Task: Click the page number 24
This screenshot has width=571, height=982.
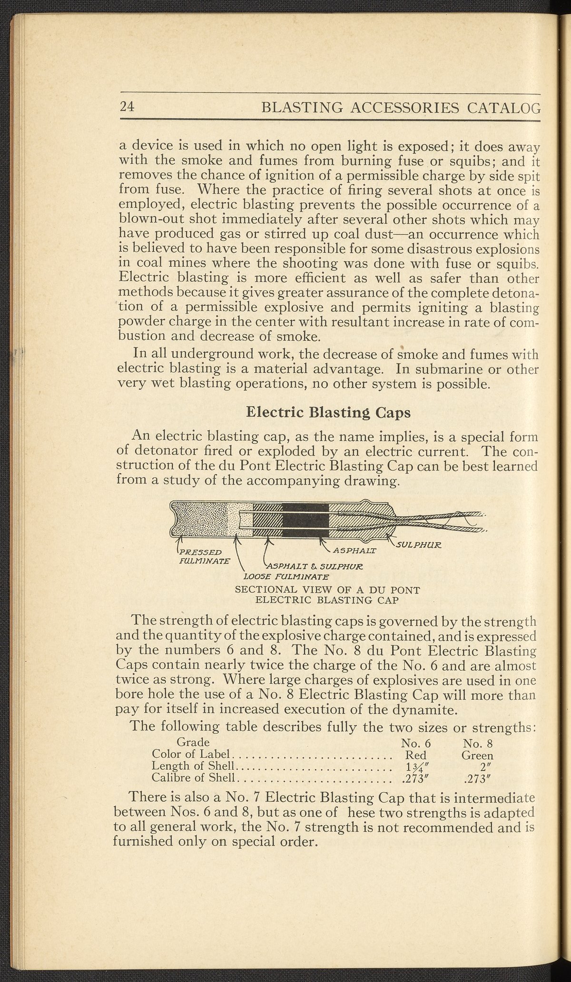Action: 127,107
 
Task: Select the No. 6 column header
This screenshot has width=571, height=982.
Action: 415,743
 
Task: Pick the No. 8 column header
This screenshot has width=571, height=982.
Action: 477,743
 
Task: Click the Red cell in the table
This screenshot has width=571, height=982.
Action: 415,755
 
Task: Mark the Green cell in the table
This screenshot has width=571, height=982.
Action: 477,755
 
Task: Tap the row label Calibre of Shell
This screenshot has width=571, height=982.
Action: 193,778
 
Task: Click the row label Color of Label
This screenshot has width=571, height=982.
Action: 191,755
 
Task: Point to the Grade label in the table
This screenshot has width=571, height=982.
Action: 193,742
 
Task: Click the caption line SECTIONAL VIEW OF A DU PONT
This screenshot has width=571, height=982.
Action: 328,590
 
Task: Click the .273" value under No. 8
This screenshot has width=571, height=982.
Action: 476,779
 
